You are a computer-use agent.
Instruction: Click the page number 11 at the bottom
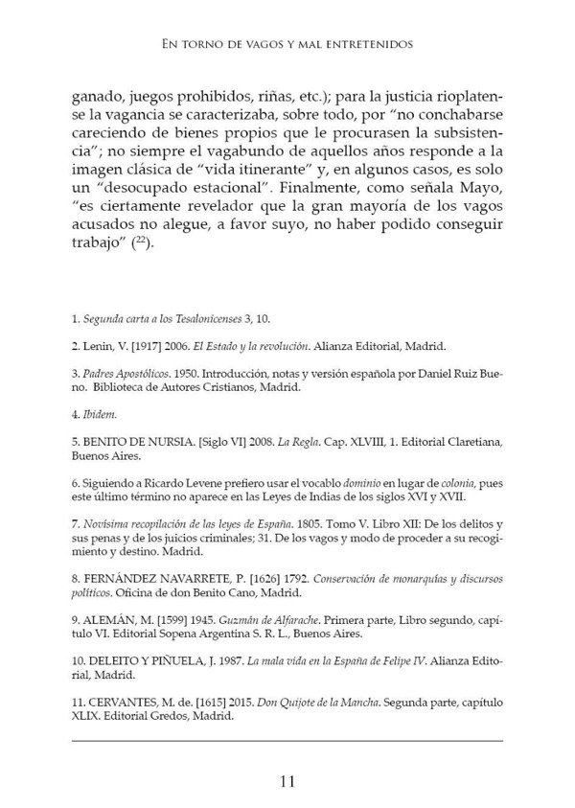pos(287,779)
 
